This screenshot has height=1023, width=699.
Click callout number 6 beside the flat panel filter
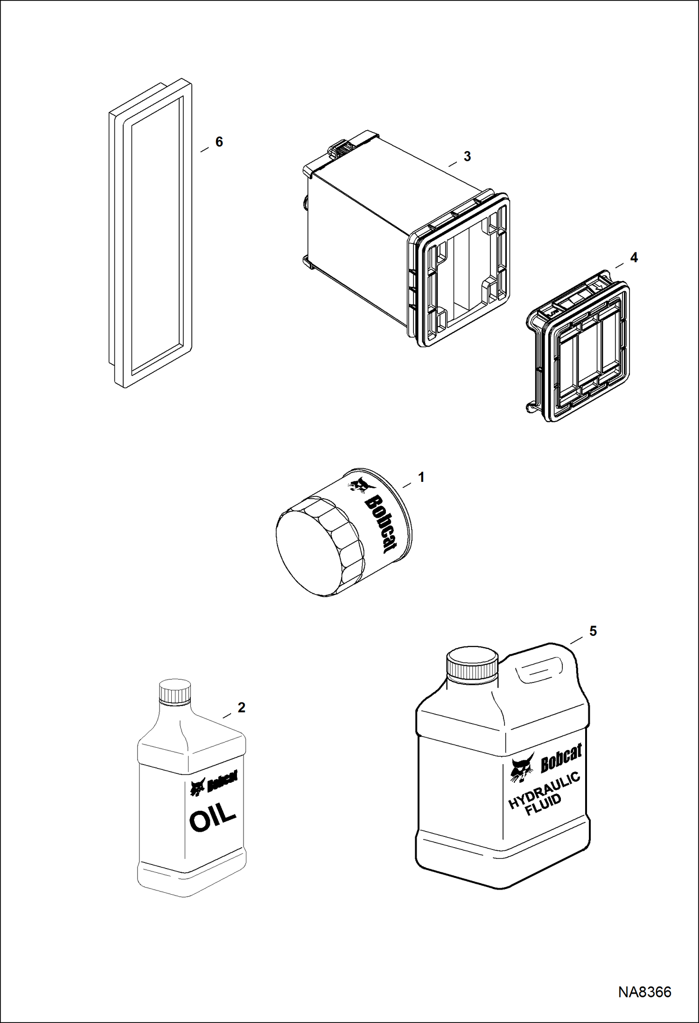click(219, 142)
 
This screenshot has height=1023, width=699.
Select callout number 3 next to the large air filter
click(467, 157)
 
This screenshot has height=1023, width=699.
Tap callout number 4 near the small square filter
click(634, 257)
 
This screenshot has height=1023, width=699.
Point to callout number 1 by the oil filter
click(421, 477)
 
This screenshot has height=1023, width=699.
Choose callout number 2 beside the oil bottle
click(241, 708)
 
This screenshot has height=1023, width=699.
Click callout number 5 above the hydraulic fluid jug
click(593, 631)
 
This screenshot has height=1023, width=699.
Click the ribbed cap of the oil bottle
click(175, 692)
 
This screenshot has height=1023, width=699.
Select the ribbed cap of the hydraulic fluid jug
click(472, 663)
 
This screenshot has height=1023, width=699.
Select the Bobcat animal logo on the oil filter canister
click(359, 485)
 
